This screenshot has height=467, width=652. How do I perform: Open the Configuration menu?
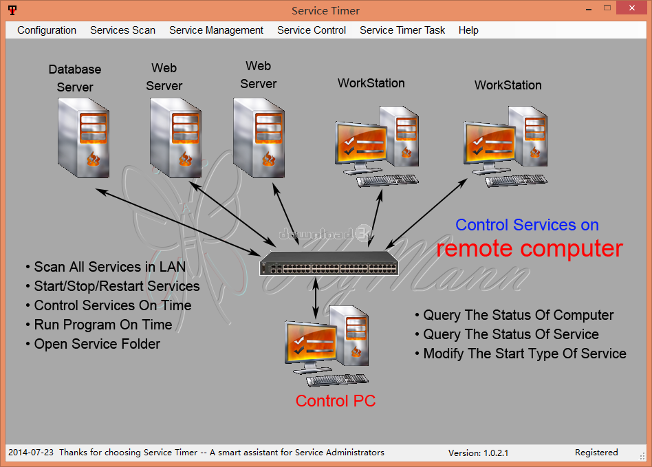47,30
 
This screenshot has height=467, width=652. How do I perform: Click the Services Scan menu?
122,30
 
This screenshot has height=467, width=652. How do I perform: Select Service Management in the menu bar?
216,30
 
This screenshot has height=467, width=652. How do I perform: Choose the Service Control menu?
312,30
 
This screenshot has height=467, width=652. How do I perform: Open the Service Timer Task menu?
402,30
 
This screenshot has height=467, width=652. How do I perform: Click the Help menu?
468,30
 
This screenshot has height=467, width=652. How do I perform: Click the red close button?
632,8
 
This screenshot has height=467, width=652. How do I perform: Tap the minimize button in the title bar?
589,9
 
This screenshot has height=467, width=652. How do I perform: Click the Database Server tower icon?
84,138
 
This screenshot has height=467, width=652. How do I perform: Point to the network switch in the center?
329,263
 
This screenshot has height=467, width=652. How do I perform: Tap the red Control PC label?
336,401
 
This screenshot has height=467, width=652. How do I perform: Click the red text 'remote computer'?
530,248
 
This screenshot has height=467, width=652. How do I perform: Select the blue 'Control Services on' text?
527,225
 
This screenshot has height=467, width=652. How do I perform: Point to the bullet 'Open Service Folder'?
93,344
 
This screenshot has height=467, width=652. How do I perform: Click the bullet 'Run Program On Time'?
99,325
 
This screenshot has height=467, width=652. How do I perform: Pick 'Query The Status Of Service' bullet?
507,334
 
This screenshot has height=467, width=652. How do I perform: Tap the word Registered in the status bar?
596,453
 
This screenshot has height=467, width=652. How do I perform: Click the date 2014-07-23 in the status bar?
31,453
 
